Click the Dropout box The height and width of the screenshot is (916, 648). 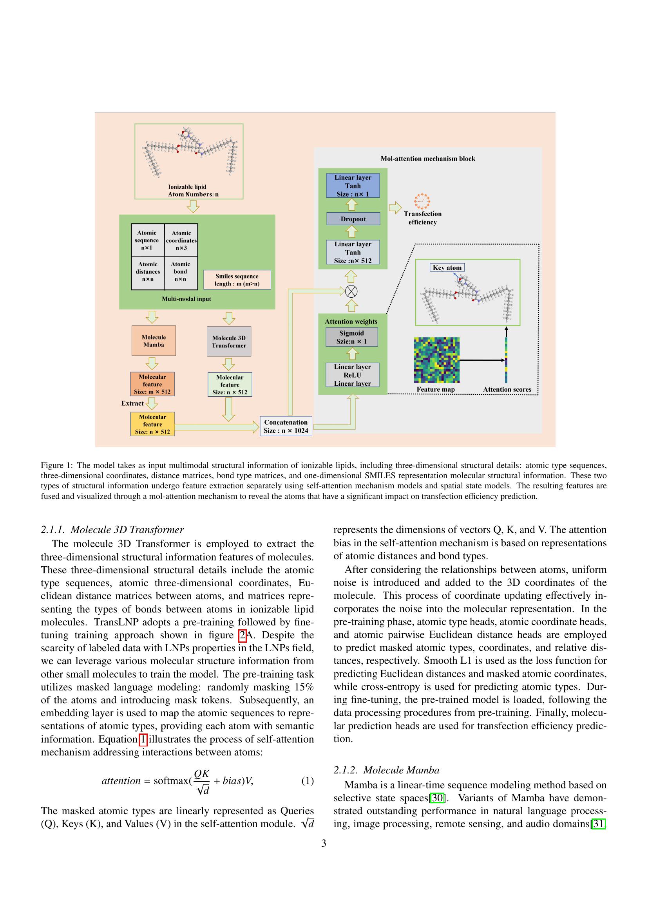pos(353,219)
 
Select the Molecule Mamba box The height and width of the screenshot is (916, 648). pos(154,341)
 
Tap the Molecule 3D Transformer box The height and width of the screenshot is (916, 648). pos(229,341)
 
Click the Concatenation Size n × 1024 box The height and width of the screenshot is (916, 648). pos(286,426)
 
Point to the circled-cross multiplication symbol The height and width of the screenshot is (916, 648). pos(351,291)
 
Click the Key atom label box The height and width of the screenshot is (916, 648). pos(447,268)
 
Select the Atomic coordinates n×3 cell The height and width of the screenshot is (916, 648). pos(181,240)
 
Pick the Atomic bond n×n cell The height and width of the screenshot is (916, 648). pos(180,272)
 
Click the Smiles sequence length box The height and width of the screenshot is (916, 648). pos(237,280)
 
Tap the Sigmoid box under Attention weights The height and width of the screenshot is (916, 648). pos(351,337)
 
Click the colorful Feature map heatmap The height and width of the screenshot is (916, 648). pos(436,360)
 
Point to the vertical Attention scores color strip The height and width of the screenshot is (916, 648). pos(506,360)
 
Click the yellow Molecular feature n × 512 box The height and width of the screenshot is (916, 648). pos(152,424)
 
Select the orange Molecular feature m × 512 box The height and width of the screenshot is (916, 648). pos(152,384)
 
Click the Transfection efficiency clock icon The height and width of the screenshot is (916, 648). pos(422,201)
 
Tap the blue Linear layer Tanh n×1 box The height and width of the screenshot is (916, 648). pos(353,186)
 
